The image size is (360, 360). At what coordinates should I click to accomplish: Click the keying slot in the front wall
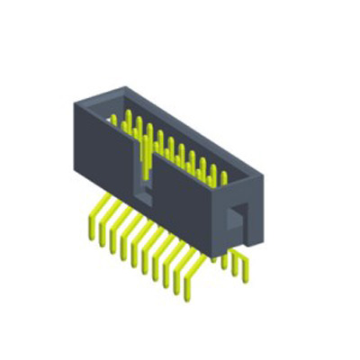pyautogui.click(x=142, y=171)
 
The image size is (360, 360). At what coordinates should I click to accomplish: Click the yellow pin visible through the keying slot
pyautogui.click(x=143, y=162)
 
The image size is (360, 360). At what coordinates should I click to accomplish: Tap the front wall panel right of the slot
pyautogui.click(x=184, y=211)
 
